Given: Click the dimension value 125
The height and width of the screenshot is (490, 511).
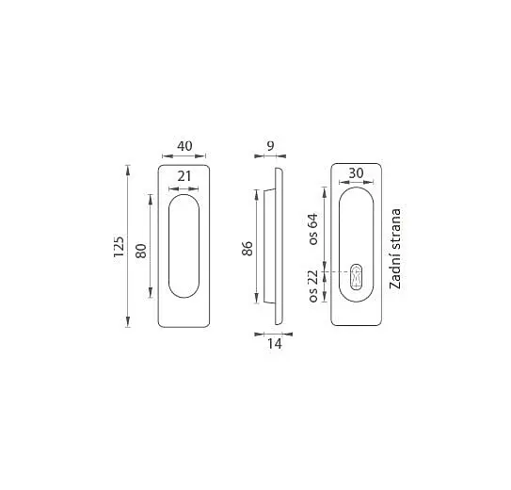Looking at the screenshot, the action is (x=119, y=247).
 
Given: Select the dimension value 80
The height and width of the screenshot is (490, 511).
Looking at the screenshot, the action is (x=141, y=251).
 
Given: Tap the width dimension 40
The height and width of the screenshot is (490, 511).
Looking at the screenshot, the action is (x=184, y=146).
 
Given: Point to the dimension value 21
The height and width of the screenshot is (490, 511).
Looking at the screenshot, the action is (x=184, y=176).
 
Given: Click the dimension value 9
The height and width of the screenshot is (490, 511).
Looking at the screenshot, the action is (x=270, y=146).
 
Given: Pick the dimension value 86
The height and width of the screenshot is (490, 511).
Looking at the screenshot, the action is (x=248, y=249).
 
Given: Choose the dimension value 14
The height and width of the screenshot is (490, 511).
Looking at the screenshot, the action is (x=275, y=344).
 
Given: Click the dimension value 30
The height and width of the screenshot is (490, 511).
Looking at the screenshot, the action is (x=356, y=172).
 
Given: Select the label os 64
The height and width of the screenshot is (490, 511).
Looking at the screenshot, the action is (x=313, y=229).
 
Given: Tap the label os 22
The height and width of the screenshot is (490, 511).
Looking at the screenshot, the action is (x=313, y=286).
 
